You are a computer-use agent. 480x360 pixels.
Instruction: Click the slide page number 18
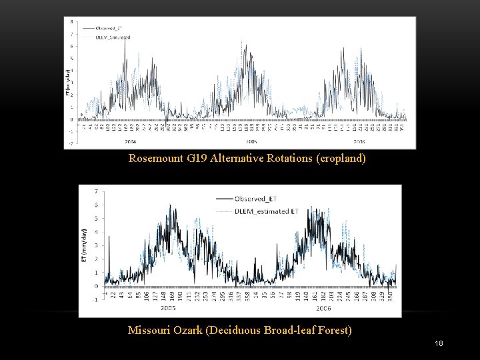tap(439, 343)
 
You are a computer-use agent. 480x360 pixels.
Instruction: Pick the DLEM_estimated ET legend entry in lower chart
tap(265, 211)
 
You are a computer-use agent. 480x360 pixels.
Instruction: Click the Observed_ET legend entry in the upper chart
tap(109, 28)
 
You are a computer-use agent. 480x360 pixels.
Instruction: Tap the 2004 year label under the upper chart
tap(130, 141)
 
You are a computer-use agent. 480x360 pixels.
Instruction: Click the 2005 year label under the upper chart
tap(251, 141)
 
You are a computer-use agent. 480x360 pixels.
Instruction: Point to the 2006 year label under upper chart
tap(359, 141)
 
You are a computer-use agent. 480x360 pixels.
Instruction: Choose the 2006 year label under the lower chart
tap(323, 309)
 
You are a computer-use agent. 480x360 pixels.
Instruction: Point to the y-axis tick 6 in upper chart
tap(73, 46)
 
